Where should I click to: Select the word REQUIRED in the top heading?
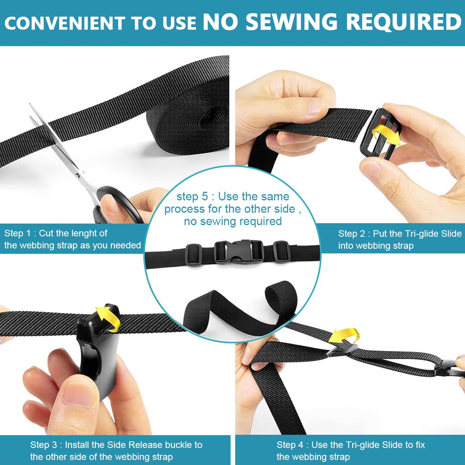pos(404,22)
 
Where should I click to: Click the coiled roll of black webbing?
pos(188,116)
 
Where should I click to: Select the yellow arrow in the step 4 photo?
pos(344,336)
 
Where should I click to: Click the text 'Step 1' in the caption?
pos(17,233)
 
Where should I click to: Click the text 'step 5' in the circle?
pos(192,197)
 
